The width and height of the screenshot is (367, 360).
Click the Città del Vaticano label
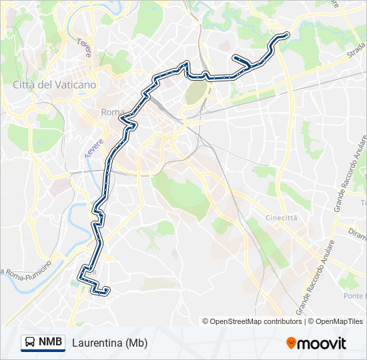(55, 85)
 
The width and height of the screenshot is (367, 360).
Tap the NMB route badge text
(51, 342)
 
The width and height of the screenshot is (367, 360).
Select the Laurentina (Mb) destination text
(109, 343)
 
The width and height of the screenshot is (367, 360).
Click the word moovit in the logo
(322, 343)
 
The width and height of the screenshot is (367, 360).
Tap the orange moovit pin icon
(291, 343)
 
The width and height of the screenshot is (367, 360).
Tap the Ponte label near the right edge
(354, 295)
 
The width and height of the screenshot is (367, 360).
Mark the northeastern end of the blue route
(286, 35)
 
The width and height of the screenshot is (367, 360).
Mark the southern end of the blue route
(107, 290)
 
